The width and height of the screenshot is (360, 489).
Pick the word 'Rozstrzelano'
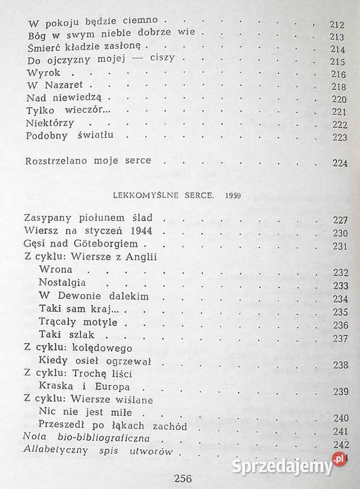[x=58, y=161]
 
